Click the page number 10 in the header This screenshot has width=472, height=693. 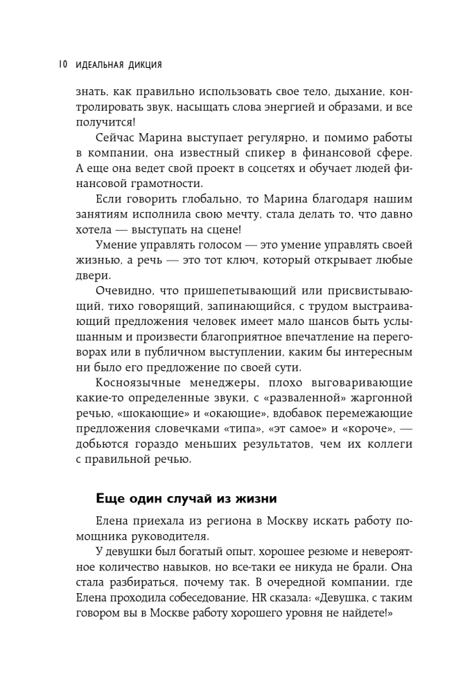[61, 65]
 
